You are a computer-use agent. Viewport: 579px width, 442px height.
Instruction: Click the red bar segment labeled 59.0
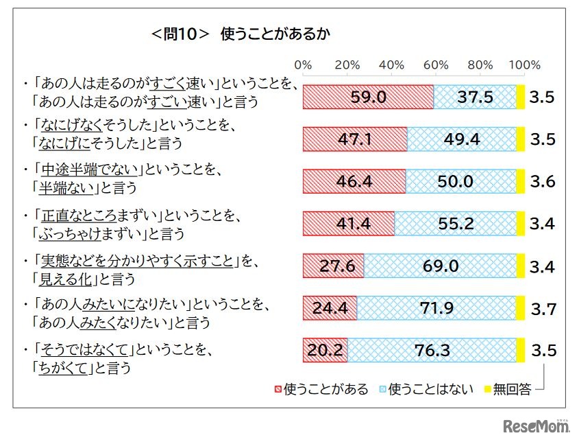pyautogui.click(x=368, y=97)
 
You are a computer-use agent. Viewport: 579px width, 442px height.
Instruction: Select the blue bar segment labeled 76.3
pyautogui.click(x=432, y=350)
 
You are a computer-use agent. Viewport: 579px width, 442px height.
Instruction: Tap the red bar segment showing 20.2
pyautogui.click(x=325, y=350)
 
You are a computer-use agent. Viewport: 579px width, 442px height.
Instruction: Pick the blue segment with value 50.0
pyautogui.click(x=460, y=181)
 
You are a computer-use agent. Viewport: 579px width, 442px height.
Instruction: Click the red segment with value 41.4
pyautogui.click(x=349, y=223)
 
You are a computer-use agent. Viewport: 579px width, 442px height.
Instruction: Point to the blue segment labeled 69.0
pyautogui.click(x=439, y=266)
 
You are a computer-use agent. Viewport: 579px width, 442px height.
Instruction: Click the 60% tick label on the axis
pyautogui.click(x=436, y=65)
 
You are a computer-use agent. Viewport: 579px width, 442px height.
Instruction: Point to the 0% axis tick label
pyautogui.click(x=303, y=65)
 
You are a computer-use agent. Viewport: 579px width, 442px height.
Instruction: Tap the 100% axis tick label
pyautogui.click(x=526, y=65)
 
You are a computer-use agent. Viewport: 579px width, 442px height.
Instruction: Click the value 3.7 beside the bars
pyautogui.click(x=543, y=309)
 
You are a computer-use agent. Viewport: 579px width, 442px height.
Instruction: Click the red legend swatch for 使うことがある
pyautogui.click(x=276, y=389)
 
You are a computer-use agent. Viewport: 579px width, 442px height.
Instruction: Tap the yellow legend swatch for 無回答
pyautogui.click(x=489, y=389)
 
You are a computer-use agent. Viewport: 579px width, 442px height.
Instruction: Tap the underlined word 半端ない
pyautogui.click(x=67, y=187)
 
